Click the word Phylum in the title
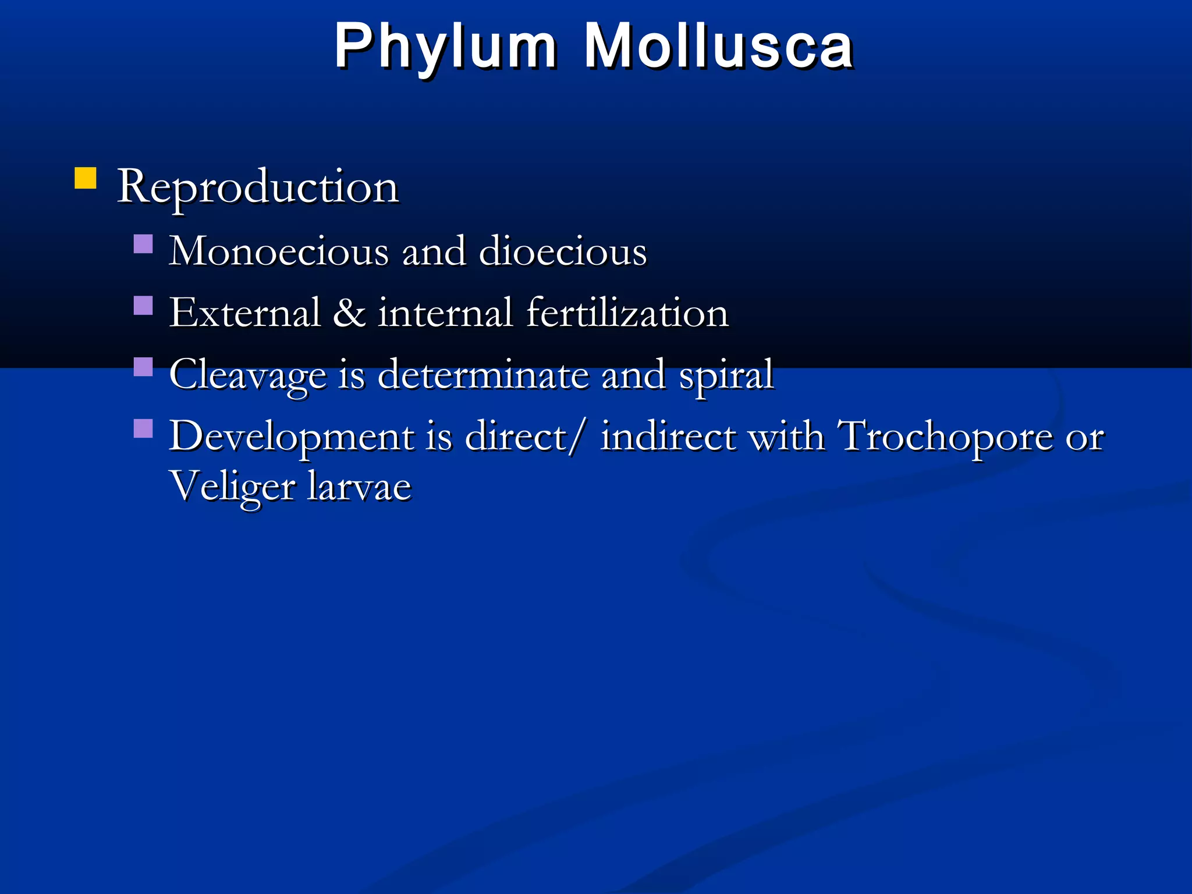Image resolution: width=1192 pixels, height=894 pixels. click(445, 47)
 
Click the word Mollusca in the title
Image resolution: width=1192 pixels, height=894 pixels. click(718, 47)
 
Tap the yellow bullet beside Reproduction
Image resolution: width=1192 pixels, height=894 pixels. click(86, 178)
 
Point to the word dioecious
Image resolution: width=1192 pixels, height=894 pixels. click(562, 251)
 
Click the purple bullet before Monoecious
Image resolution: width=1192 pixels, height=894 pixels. click(143, 244)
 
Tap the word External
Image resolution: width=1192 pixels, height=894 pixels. click(245, 313)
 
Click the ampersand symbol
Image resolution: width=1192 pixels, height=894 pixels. click(349, 313)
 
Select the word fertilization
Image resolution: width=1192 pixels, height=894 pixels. click(627, 313)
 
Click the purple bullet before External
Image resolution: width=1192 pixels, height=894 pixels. click(143, 306)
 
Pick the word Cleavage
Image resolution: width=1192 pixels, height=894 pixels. click(248, 375)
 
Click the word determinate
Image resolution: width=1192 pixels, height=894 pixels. click(483, 374)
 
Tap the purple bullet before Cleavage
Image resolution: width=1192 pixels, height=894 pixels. click(143, 367)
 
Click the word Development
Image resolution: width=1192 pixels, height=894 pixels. click(291, 437)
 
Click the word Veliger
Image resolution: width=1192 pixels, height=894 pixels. click(232, 487)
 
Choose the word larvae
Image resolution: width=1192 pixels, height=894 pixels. click(359, 487)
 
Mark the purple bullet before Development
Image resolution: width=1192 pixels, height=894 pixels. click(143, 429)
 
